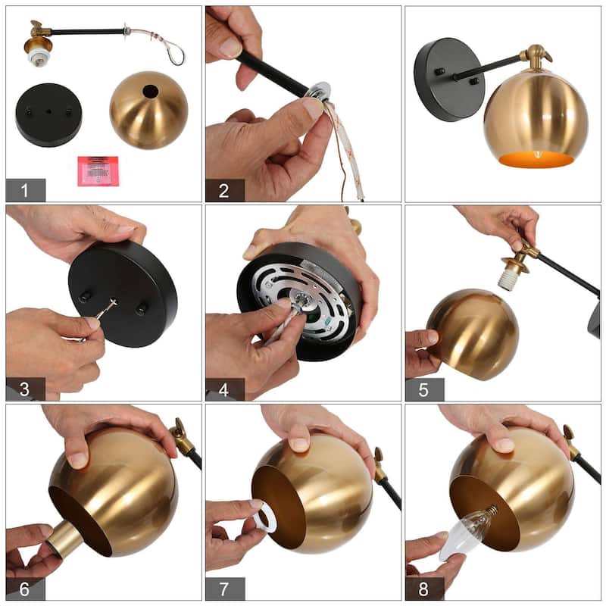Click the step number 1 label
coord(26,190)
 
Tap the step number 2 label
coord(224,191)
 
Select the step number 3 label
coord(25,389)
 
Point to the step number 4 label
coord(224,389)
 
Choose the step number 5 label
coord(424,389)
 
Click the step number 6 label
coord(25,589)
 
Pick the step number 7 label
coord(224,589)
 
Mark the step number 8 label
coord(424,589)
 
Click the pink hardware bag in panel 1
coord(98,171)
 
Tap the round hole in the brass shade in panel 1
coord(151,92)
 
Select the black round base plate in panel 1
coord(48,115)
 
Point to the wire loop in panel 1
coord(175,53)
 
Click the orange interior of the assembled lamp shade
coord(536,159)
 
